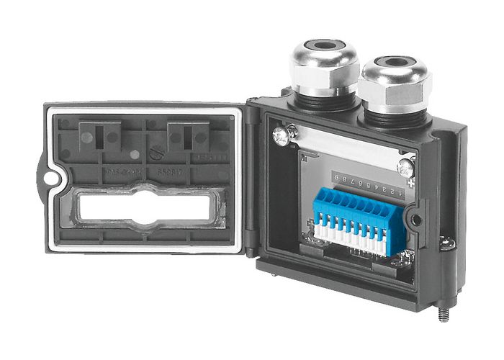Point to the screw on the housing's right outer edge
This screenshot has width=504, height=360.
point(447,243)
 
